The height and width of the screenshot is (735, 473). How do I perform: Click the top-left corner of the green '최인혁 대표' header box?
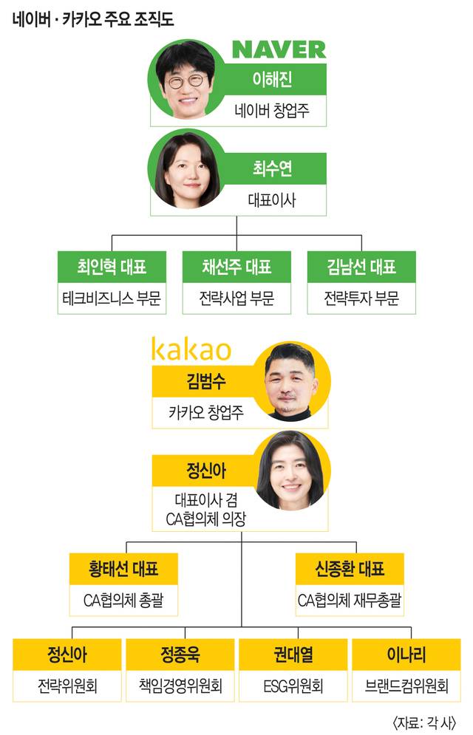coord(58,251)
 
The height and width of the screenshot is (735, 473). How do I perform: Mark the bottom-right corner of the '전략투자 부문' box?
coord(415,314)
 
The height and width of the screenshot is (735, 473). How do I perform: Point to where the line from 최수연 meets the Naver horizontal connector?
coord(236,236)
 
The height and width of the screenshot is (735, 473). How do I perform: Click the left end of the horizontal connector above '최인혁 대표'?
coord(112,236)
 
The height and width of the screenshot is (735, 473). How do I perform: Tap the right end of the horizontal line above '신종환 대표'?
coord(356,542)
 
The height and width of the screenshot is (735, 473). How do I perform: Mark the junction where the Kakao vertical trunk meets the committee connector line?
coord(242,626)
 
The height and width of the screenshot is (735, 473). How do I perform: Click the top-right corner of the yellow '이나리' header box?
coord(460,639)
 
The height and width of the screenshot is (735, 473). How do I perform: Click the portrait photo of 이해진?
coord(186,79)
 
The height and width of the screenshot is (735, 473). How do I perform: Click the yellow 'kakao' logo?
coord(191,349)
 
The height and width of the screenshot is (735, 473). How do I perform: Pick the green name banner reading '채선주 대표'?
coord(236,267)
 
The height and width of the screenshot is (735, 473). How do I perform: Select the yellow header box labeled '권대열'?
coord(293,654)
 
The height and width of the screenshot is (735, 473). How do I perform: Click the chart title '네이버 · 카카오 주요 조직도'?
coord(93,19)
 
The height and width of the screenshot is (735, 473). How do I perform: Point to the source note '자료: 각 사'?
coord(424,722)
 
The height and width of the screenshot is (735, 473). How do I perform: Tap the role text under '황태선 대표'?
coord(123,600)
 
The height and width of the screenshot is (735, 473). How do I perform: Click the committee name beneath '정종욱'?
coord(180,686)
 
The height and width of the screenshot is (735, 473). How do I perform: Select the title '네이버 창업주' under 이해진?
coord(272,111)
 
